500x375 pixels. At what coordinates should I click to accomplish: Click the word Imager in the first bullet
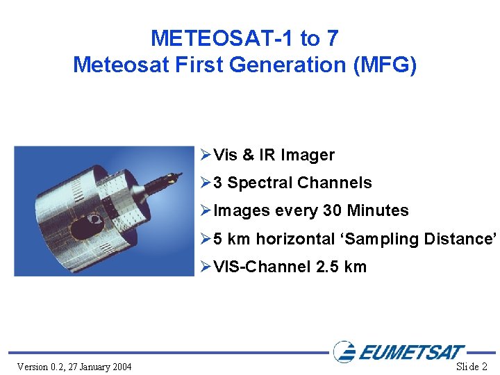(307, 155)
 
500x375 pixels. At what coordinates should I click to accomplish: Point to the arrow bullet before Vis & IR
(204, 155)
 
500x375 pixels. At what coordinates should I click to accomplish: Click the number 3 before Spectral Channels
(218, 183)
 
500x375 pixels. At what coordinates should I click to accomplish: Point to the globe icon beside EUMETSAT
(344, 351)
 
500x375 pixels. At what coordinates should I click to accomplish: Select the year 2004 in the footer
(122, 367)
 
